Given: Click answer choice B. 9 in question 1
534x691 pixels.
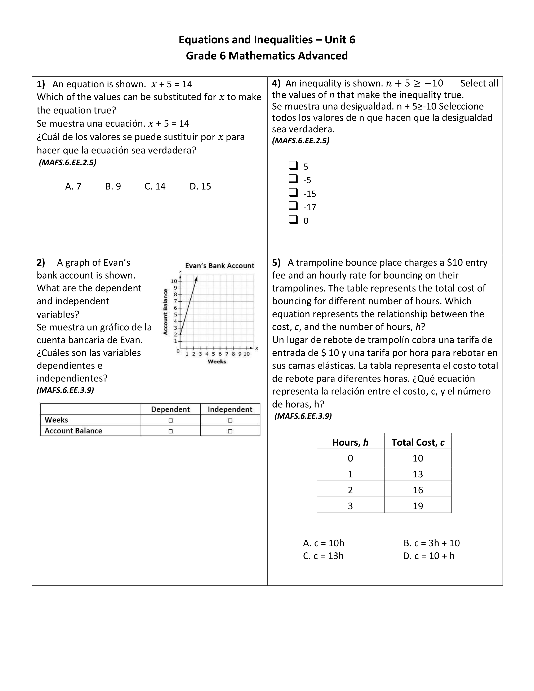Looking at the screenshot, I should click(113, 186).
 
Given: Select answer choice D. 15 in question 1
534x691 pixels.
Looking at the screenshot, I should click(200, 186).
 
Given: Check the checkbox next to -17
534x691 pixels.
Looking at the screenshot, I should click(293, 206).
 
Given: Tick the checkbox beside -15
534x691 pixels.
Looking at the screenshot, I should click(293, 192).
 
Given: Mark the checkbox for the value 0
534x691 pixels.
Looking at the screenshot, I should click(293, 220).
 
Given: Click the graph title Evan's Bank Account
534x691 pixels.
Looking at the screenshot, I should click(219, 266).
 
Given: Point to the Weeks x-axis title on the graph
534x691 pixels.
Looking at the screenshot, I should click(217, 362).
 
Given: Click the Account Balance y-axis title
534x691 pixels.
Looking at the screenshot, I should click(165, 312).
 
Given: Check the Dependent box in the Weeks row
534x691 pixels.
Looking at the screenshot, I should click(170, 420).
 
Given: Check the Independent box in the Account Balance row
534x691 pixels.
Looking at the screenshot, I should click(230, 431).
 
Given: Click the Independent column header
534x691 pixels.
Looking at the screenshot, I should click(230, 409).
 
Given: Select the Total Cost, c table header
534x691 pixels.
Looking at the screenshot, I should click(418, 442).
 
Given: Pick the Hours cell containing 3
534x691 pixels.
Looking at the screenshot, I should click(350, 506).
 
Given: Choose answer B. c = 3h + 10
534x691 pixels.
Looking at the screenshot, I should click(432, 543).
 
